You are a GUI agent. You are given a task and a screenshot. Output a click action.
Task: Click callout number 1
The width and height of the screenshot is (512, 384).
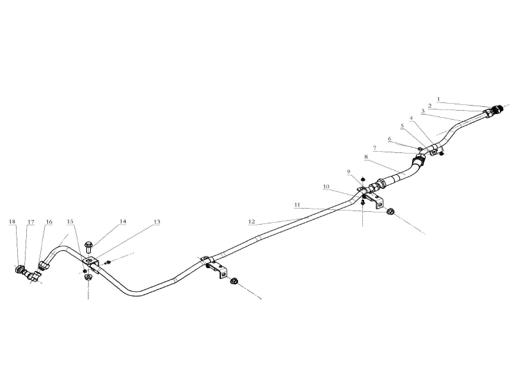coord(438,99)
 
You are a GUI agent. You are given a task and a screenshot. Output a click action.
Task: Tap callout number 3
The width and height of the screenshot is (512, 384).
coord(423,111)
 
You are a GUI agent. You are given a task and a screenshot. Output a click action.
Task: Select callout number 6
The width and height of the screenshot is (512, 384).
coord(390,139)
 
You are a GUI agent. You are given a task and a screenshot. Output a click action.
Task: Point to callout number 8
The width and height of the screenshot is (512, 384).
coord(366,157)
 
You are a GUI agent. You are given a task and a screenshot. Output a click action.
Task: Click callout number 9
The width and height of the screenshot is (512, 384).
coord(348,172)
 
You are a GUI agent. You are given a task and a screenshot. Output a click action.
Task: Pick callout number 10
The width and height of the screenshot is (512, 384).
coord(326,187)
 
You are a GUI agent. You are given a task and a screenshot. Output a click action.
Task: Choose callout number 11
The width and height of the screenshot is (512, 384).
coord(297,205)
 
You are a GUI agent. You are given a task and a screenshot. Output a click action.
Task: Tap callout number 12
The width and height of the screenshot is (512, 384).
coord(252,221)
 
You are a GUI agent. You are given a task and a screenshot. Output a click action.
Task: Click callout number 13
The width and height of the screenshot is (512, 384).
coord(157,221)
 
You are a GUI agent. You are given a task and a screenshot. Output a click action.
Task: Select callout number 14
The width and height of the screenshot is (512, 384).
coord(123,221)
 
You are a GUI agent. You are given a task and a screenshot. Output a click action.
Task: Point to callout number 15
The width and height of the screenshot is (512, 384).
coord(70,221)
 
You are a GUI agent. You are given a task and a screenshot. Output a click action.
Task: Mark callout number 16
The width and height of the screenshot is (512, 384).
coord(49,222)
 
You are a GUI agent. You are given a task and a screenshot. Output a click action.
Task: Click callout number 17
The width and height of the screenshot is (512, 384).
coord(31,222)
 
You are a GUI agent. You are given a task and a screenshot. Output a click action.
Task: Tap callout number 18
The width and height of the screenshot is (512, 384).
coord(12,221)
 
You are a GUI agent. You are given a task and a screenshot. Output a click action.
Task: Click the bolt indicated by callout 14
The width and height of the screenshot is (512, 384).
coord(88,247)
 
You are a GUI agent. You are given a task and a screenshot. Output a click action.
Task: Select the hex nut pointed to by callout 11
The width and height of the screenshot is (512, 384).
coord(390,212)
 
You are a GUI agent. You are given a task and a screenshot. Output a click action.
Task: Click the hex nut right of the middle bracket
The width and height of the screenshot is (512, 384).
coord(234,281)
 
